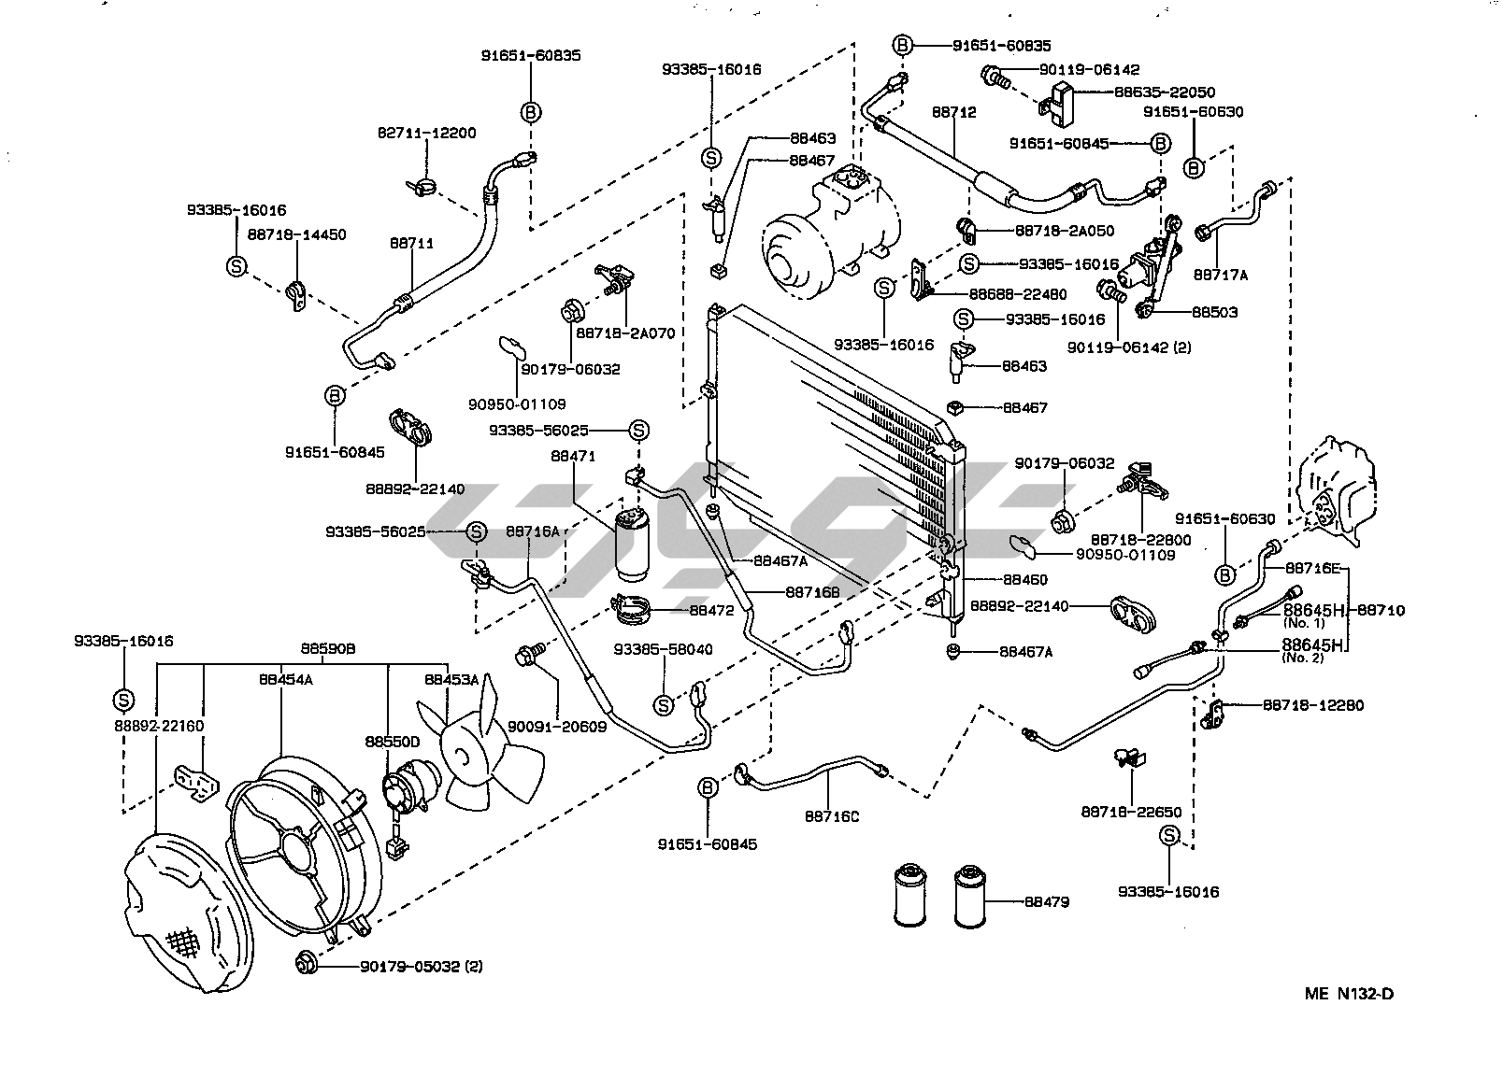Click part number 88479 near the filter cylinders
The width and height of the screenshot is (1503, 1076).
(1047, 902)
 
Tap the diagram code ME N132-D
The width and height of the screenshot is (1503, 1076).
(1349, 993)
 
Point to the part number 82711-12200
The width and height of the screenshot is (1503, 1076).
(426, 133)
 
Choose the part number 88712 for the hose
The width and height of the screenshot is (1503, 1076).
(953, 112)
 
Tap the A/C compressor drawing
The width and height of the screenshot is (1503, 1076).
(823, 229)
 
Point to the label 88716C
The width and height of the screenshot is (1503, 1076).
(831, 815)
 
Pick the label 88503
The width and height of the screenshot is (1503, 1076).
(1214, 312)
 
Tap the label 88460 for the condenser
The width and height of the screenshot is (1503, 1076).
(1024, 579)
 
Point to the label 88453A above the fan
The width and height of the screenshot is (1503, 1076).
(451, 680)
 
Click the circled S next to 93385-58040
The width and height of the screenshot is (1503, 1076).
(663, 704)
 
